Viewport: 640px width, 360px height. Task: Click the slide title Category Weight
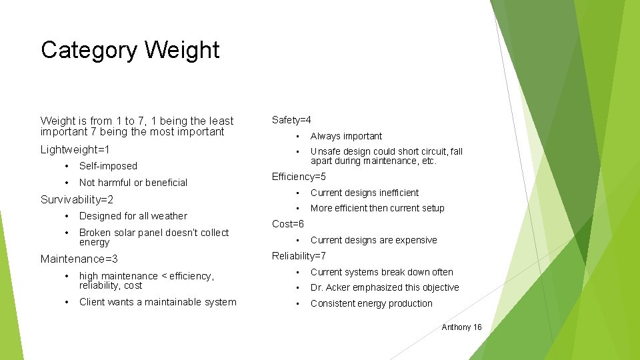[x=130, y=51]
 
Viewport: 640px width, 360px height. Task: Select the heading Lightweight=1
[x=75, y=150]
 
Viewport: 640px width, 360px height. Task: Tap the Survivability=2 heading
[x=77, y=199]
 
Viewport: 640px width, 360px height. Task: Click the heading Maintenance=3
[x=79, y=259]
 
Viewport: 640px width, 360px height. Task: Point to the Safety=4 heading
[x=291, y=120]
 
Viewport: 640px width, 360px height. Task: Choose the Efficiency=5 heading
[x=299, y=177]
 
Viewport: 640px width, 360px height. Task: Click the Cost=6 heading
[x=288, y=224]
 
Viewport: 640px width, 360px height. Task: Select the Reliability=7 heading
[x=299, y=256]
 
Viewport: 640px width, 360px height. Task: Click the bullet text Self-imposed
[x=108, y=166]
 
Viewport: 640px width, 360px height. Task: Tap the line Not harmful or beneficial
[x=133, y=183]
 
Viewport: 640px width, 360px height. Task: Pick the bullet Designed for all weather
[x=133, y=216]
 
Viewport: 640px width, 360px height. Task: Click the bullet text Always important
[x=346, y=136]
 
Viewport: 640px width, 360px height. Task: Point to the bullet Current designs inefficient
[x=365, y=193]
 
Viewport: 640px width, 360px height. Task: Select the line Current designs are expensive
[x=373, y=240]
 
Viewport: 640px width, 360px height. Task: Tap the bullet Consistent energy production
[x=371, y=303]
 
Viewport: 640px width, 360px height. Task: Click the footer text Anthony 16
[x=461, y=327]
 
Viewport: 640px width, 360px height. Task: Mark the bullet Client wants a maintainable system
[x=157, y=302]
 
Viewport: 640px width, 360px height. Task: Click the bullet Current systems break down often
[x=381, y=272]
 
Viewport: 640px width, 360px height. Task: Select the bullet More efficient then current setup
[x=377, y=208]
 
